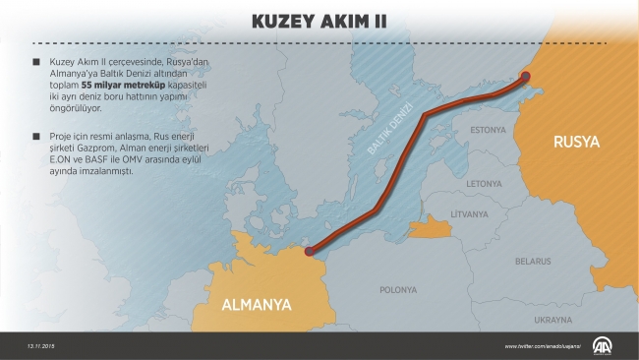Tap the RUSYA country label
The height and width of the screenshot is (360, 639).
coord(576,142)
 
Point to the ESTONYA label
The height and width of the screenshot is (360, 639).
coord(488,130)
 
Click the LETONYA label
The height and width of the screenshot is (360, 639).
coord(484,183)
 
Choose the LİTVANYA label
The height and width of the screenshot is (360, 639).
coord(470,213)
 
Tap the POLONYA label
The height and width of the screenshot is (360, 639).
coord(399,290)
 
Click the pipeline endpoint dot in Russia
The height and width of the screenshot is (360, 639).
coord(525,77)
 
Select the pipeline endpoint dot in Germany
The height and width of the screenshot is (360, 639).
coord(310,252)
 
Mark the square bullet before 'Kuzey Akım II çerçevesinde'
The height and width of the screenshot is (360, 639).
coord(36,62)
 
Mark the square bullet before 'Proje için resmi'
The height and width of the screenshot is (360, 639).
coord(36,133)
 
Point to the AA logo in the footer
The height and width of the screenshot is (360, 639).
coord(600,345)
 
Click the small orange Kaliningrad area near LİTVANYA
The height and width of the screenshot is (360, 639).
coord(429,229)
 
